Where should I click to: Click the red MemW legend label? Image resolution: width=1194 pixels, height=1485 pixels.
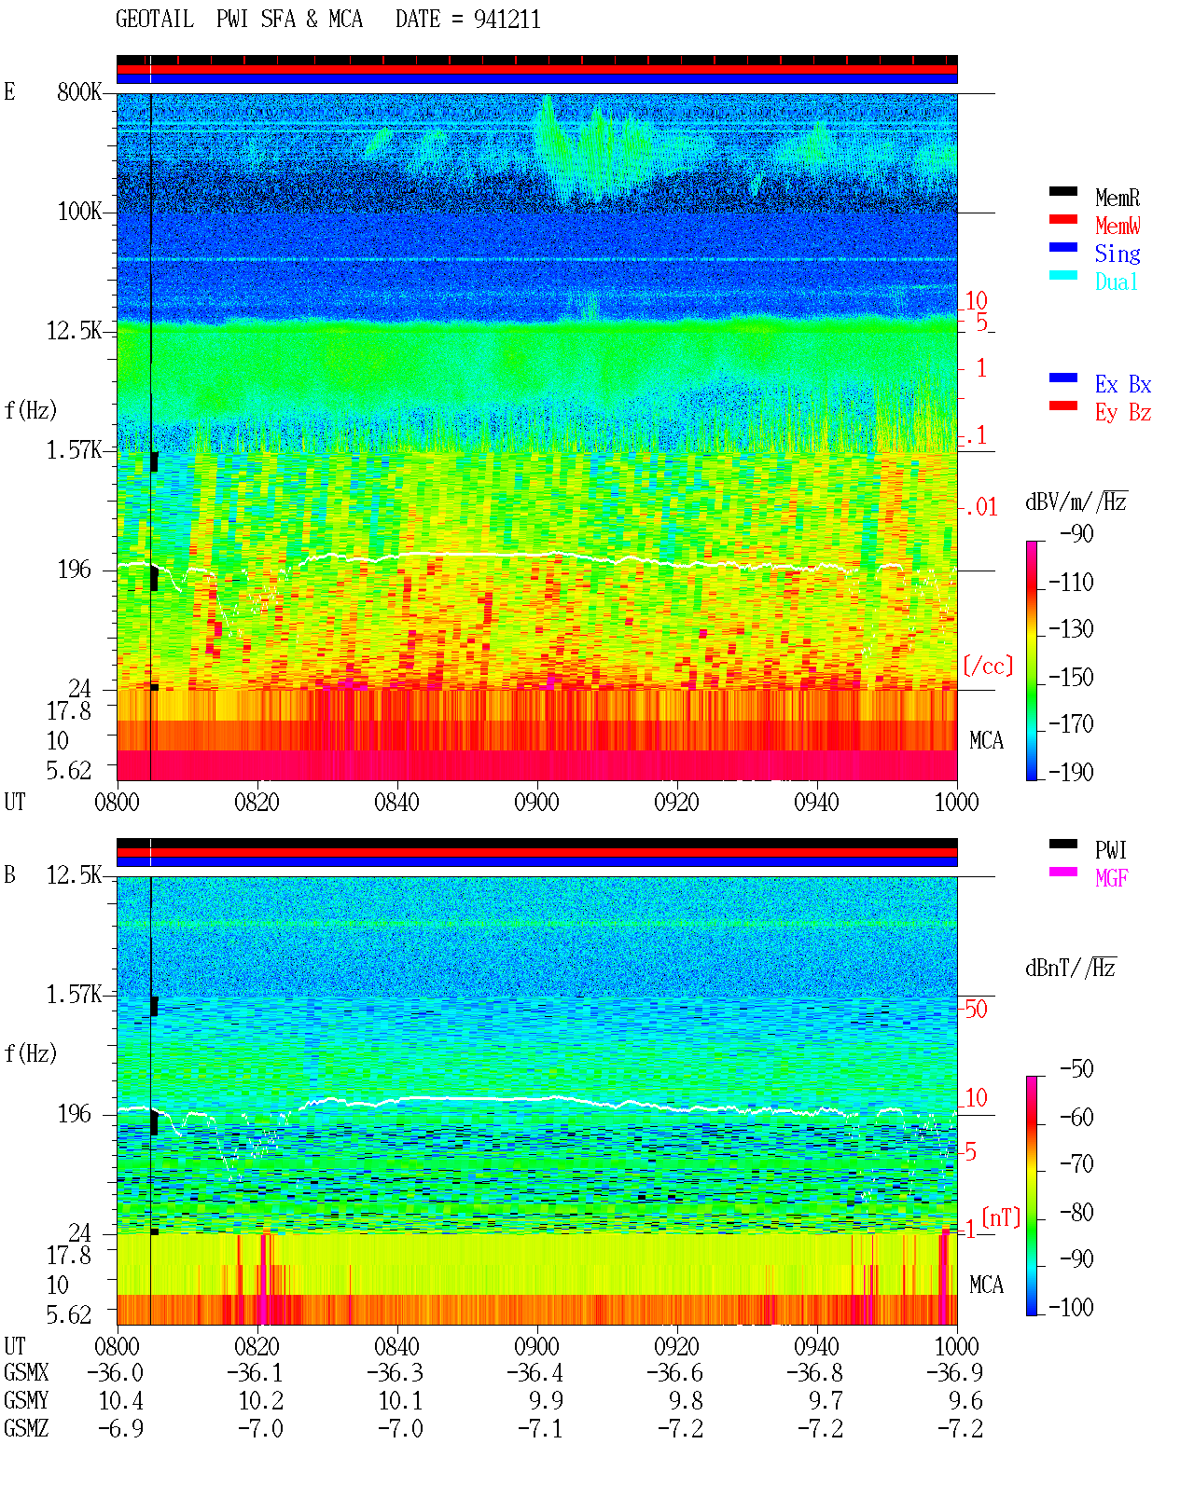[x=1117, y=226]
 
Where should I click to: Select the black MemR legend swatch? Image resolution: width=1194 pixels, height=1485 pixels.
[x=1062, y=191]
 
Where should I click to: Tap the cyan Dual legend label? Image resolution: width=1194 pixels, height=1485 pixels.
[x=1116, y=282]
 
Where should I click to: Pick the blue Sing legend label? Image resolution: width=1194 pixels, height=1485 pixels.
[x=1117, y=254]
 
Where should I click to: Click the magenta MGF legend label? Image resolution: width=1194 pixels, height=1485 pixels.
[x=1110, y=878]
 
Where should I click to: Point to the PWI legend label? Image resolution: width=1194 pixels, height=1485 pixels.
[x=1110, y=849]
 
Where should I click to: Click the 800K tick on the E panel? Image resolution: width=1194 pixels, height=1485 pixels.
[x=79, y=91]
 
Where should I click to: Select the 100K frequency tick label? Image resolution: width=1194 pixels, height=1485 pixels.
[x=79, y=212]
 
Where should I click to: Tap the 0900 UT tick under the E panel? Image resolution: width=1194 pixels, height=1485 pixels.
[x=536, y=802]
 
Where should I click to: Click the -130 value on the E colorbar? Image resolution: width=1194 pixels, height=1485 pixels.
[x=1071, y=629]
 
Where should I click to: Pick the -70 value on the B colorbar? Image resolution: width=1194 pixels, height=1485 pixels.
[x=1076, y=1164]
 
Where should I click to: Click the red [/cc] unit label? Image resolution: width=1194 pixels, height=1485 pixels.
[x=988, y=666]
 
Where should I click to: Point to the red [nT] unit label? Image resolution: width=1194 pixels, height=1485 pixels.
[x=1001, y=1217]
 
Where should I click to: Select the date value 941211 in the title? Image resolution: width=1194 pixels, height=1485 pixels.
[x=507, y=20]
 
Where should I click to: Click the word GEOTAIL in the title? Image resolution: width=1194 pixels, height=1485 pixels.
[x=155, y=19]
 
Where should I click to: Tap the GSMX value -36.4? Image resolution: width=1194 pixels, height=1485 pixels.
[x=535, y=1372]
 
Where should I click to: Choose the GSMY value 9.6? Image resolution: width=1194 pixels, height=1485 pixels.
[x=965, y=1400]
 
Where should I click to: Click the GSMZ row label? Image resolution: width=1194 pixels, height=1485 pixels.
[x=26, y=1428]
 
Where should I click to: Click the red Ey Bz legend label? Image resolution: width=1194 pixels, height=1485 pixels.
[x=1123, y=412]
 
